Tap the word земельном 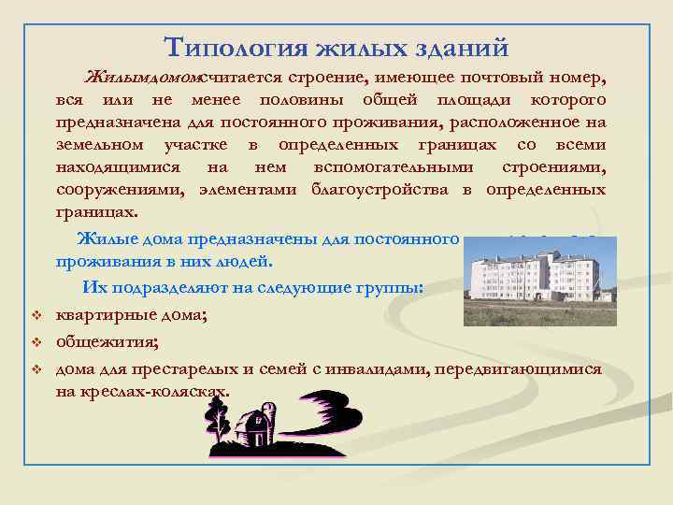tap(100, 145)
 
